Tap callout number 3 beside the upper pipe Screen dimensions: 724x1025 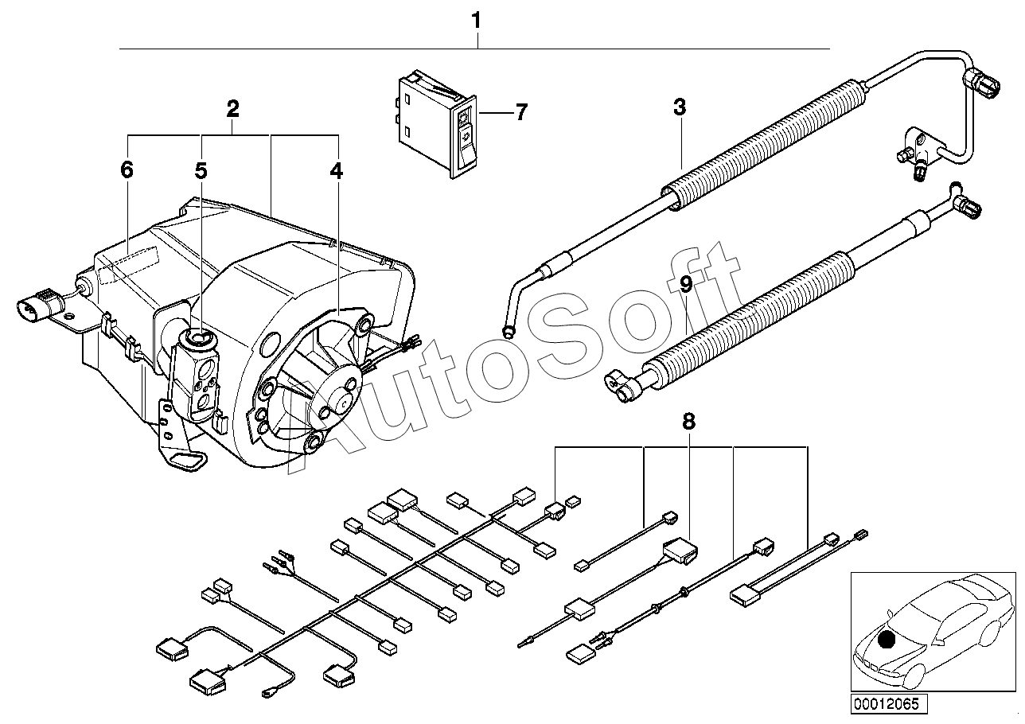tap(679, 107)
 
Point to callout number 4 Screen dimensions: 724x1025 tap(337, 170)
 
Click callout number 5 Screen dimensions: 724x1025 tap(201, 170)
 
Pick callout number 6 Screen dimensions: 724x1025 tap(127, 169)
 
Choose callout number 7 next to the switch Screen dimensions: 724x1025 tap(520, 112)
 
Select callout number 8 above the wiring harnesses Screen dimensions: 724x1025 tap(688, 422)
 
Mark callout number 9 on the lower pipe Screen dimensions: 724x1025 tap(686, 283)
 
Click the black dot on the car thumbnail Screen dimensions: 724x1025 tap(887, 639)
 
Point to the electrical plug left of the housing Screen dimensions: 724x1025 tap(38, 308)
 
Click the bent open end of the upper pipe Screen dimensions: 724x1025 tap(510, 328)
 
